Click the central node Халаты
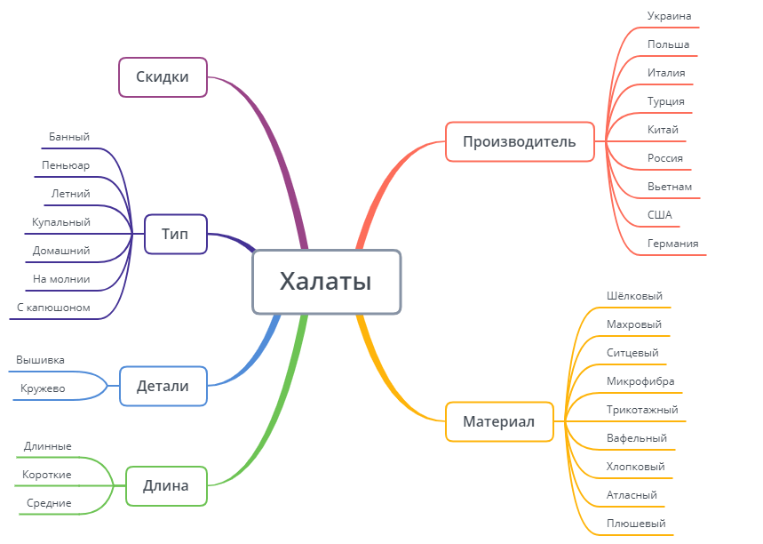tap(326, 282)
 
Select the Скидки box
tap(163, 77)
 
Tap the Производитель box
tap(520, 141)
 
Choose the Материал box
tap(498, 421)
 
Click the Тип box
tap(175, 234)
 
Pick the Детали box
tap(163, 387)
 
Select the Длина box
tap(166, 486)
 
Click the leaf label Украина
tap(669, 16)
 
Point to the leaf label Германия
tap(672, 244)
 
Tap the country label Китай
tap(663, 130)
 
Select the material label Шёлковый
tap(634, 296)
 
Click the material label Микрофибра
tap(640, 381)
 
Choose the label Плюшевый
tap(635, 524)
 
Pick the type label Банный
tap(69, 137)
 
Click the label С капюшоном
tap(53, 308)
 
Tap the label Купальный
tap(61, 222)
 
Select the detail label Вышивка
tap(40, 360)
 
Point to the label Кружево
tap(43, 388)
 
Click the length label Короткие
tap(47, 475)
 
